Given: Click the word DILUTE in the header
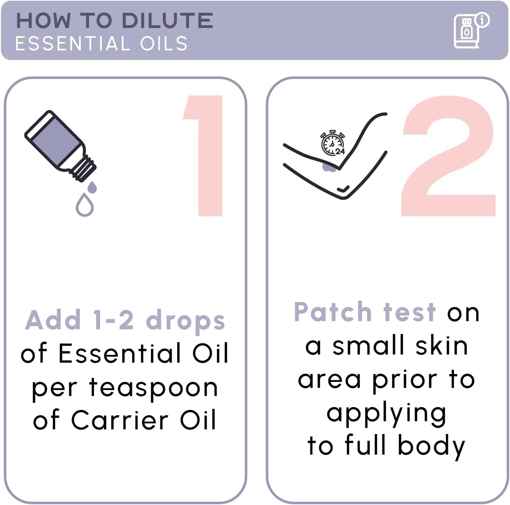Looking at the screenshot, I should click(x=167, y=21).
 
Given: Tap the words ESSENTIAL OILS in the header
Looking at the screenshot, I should click(x=101, y=44).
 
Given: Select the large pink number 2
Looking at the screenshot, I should click(x=448, y=156).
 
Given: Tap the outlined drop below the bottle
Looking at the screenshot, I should click(x=84, y=205).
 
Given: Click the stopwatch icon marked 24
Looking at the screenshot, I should click(x=332, y=143).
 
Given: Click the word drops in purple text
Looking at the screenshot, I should click(x=185, y=320).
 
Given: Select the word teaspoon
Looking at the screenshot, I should click(x=153, y=388).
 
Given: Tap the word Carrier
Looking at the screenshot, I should click(x=120, y=421).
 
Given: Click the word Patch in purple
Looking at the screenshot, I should click(x=332, y=312).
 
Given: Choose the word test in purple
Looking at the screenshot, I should click(x=409, y=312).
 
